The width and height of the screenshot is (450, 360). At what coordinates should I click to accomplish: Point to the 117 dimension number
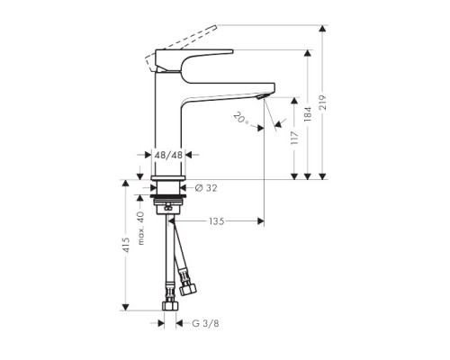pos(294,139)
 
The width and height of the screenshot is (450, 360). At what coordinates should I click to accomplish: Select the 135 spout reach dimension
pos(216,220)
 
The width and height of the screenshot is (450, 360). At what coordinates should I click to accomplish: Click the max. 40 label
pos(139,226)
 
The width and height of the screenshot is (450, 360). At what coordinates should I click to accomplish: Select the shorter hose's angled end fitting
pos(187,289)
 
